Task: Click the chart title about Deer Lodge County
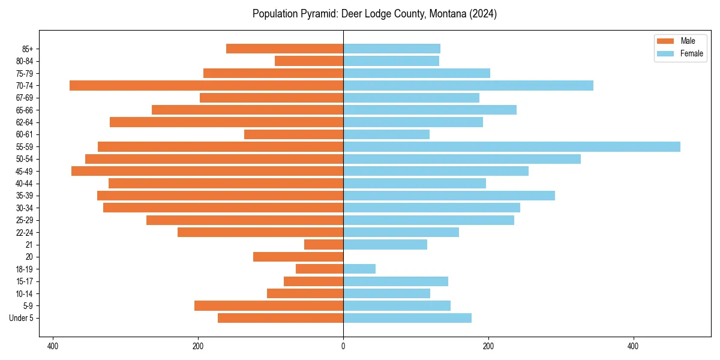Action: (374, 14)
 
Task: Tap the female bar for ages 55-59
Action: (511, 147)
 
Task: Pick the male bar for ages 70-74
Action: (206, 86)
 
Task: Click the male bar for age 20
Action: (298, 257)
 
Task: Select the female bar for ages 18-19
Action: (359, 269)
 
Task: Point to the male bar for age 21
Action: (323, 245)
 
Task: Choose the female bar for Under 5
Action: (407, 318)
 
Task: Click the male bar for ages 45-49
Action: (207, 171)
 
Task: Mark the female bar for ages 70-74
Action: (468, 86)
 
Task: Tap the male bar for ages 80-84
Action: (309, 61)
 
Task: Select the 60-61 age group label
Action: (25, 134)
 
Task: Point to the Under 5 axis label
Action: (22, 318)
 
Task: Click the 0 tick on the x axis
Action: (343, 346)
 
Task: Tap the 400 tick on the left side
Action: (53, 346)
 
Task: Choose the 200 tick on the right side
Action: (488, 346)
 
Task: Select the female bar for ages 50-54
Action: (462, 159)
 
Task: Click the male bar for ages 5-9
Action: (269, 306)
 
